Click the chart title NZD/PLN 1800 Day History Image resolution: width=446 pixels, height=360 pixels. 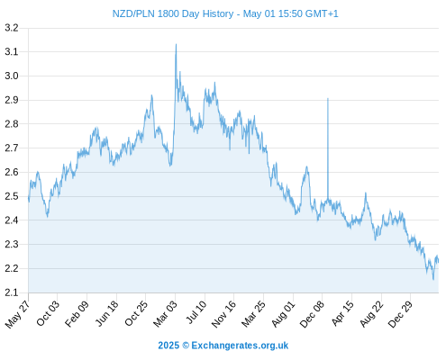[173, 13]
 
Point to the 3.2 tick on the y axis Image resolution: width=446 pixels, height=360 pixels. [12, 28]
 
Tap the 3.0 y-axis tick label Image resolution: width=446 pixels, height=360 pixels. [12, 76]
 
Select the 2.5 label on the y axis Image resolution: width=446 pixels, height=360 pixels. [12, 196]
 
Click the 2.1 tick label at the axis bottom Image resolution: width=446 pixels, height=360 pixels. [12, 292]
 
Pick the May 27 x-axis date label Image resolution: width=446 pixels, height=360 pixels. [18, 314]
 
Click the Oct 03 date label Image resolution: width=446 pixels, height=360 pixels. [48, 313]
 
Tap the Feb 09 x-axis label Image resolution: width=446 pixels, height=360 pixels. [77, 313]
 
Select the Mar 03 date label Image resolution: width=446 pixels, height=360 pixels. [166, 313]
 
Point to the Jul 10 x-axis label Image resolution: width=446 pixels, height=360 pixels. [196, 312]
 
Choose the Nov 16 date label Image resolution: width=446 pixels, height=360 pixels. [223, 314]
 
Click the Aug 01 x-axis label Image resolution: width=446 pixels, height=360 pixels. [284, 313]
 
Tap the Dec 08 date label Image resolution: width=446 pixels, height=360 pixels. [313, 314]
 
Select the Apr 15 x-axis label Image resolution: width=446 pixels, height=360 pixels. [343, 313]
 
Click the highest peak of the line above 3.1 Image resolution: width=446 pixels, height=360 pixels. [176, 44]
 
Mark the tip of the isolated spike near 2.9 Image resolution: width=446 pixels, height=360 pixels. [328, 98]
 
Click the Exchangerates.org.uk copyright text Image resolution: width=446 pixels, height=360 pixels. [223, 346]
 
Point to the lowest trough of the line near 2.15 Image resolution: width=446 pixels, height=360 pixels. [433, 280]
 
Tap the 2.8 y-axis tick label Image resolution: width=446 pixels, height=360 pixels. [12, 124]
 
